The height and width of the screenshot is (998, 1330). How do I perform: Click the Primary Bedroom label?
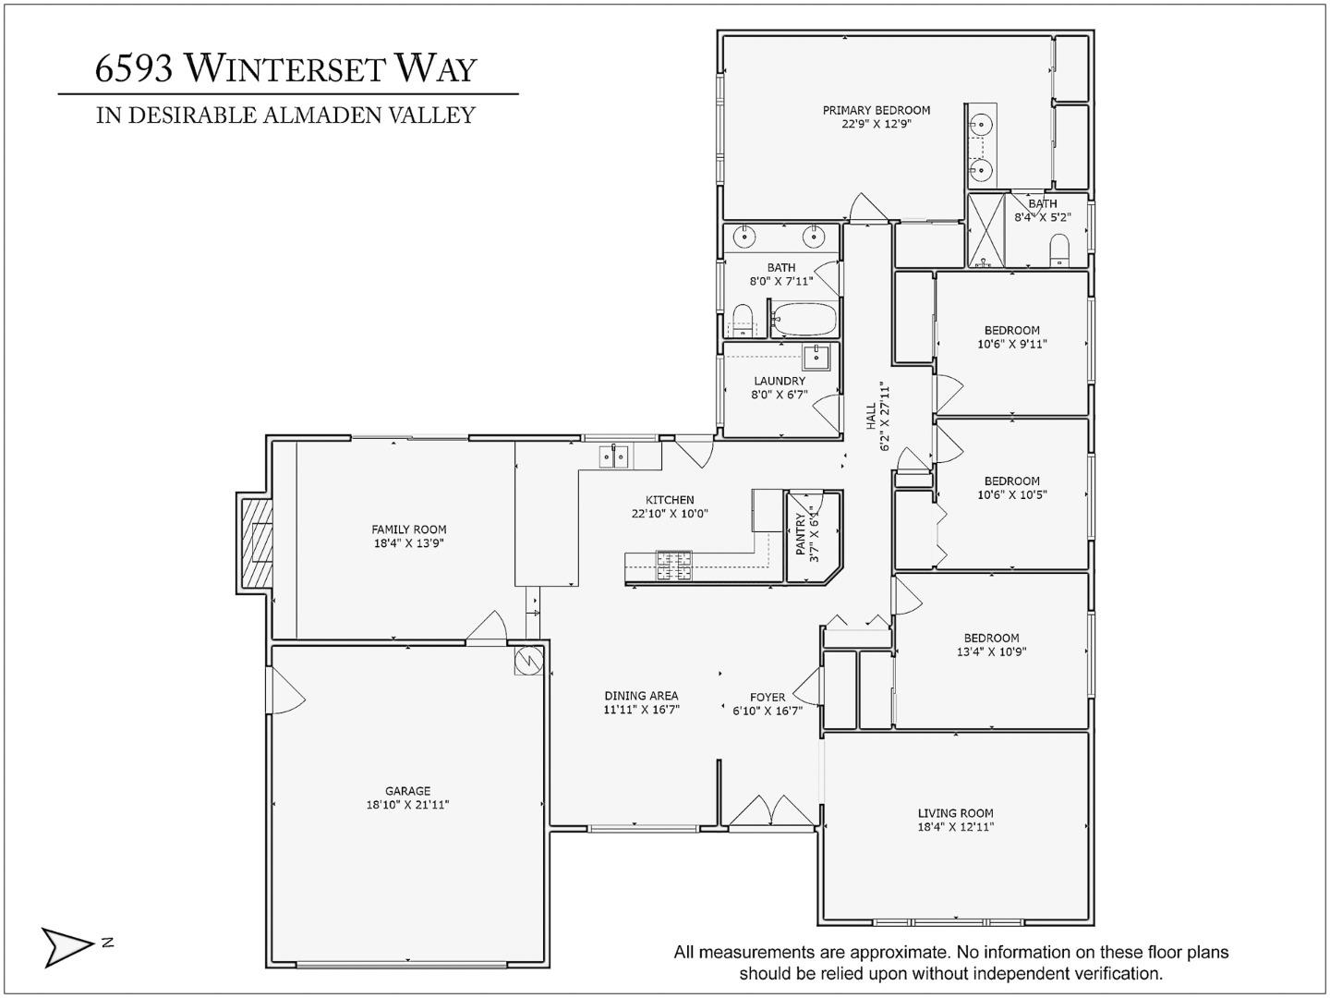click(x=876, y=110)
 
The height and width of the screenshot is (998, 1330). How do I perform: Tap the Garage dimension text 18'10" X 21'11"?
click(x=407, y=805)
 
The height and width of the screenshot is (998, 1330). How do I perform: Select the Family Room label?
click(x=408, y=529)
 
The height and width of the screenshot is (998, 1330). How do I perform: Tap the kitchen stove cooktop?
click(x=674, y=564)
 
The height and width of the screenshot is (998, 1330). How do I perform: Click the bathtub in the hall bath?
click(x=804, y=320)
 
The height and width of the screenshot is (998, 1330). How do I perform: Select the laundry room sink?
click(x=816, y=356)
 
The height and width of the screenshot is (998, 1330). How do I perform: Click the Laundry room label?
click(x=780, y=381)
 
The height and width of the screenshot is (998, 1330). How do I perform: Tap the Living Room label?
click(x=955, y=813)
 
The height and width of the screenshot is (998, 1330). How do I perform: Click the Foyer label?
click(x=768, y=697)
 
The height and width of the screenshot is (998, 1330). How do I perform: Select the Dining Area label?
click(x=641, y=696)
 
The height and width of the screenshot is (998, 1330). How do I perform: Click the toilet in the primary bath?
click(x=1058, y=249)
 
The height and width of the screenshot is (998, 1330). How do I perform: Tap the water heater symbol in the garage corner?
click(x=528, y=661)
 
